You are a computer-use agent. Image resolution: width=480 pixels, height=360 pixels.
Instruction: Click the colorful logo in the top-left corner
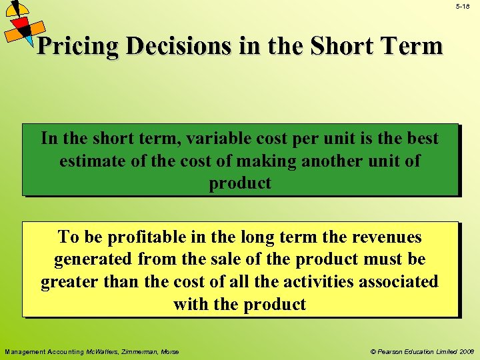pos(23,25)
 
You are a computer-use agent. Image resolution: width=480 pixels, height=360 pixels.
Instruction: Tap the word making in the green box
pos(257,161)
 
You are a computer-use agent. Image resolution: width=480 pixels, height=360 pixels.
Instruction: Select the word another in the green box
pos(327,161)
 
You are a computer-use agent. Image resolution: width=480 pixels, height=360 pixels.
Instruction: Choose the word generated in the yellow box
pos(93,259)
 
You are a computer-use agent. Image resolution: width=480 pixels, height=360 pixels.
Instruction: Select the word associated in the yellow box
pos(399,282)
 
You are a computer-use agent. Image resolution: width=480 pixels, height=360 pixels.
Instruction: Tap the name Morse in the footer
pos(169,352)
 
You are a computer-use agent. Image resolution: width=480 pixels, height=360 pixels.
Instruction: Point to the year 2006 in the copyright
pos(465,352)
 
